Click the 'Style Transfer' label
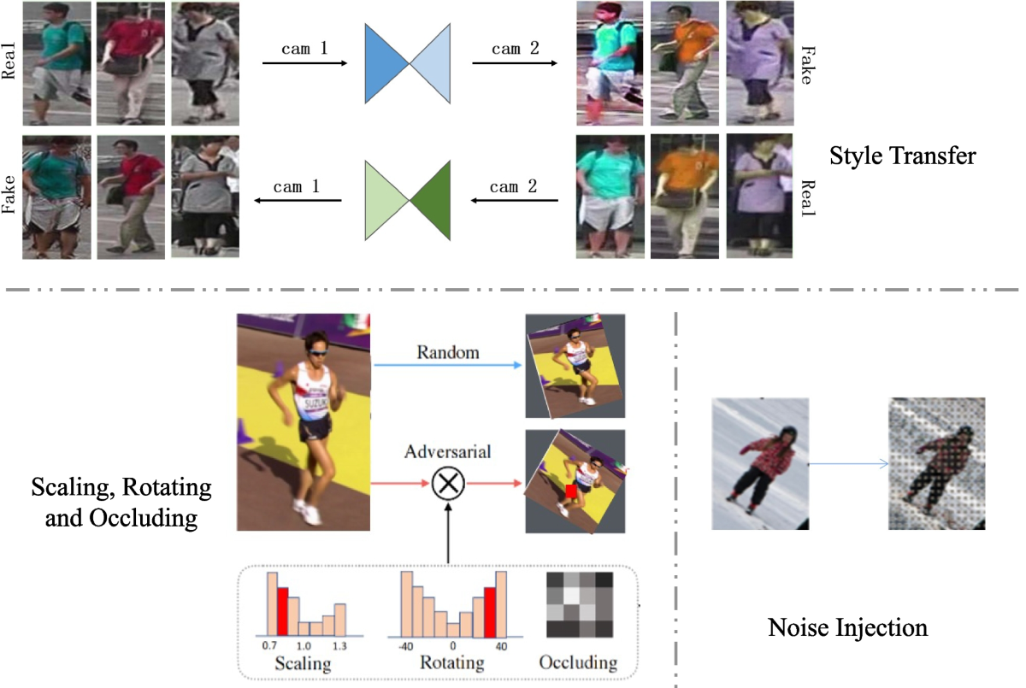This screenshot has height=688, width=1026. click(903, 158)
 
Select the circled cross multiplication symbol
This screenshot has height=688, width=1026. click(446, 484)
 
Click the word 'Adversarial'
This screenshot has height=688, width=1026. click(447, 450)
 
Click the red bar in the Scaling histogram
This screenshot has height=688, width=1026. click(283, 612)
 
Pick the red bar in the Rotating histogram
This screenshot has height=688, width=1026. click(490, 612)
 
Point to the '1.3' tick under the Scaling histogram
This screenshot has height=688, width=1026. click(340, 646)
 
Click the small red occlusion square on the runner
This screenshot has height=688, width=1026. click(571, 491)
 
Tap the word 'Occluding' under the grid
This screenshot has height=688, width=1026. click(578, 663)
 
